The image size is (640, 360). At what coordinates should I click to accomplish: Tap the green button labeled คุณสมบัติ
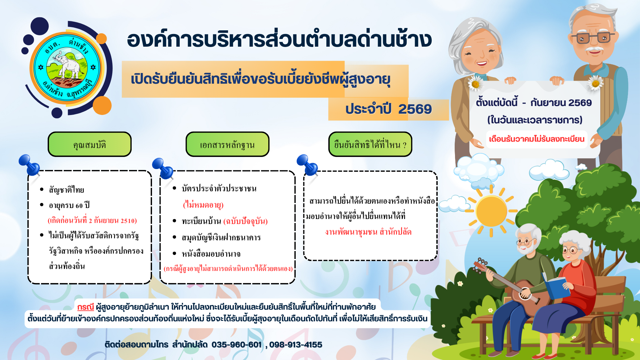point(90,144)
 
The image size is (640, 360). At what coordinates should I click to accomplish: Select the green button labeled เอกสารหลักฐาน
point(227,144)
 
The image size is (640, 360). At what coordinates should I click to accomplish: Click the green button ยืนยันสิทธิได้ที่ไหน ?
point(370,144)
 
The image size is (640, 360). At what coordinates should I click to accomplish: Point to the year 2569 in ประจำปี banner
point(415,109)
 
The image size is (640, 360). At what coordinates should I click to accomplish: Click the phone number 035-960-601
point(236,345)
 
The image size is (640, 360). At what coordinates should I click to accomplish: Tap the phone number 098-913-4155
point(296,345)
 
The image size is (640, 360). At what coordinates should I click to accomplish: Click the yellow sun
point(491,211)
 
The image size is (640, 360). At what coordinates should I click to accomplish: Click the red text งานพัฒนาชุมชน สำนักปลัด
point(368,232)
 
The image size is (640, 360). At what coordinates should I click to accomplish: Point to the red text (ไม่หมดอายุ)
point(203,205)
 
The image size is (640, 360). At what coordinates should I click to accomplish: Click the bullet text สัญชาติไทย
point(66,190)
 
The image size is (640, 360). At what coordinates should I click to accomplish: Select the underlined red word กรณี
point(85,307)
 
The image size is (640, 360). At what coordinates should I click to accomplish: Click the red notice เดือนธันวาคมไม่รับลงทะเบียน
point(537,139)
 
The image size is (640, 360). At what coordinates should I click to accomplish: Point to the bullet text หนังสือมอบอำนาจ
point(211,254)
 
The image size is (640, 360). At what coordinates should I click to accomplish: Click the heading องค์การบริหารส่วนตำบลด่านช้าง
point(279,40)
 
